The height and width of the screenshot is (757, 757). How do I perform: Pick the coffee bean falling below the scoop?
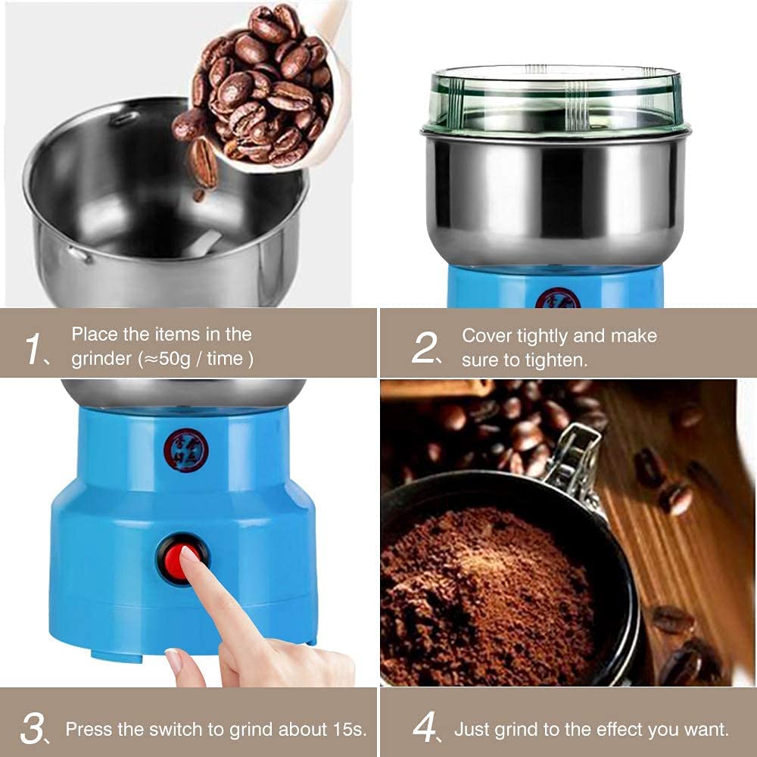pyautogui.click(x=202, y=163)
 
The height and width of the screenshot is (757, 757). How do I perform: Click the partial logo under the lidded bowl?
pyautogui.click(x=557, y=299)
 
